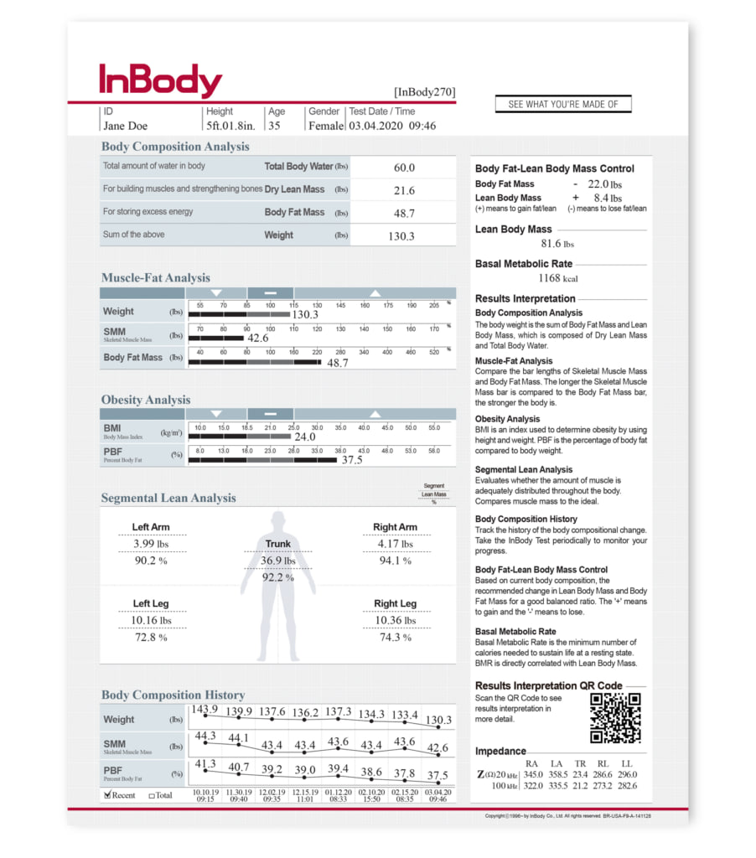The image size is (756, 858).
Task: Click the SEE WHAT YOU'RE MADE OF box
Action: pyautogui.click(x=563, y=105)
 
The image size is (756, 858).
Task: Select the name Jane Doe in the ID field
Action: pyautogui.click(x=125, y=127)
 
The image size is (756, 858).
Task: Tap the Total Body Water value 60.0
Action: pyautogui.click(x=404, y=168)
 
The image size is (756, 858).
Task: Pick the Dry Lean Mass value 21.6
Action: pyautogui.click(x=404, y=191)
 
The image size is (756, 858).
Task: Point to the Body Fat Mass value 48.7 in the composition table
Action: pyautogui.click(x=404, y=214)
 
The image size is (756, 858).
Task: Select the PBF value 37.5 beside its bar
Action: pyautogui.click(x=351, y=459)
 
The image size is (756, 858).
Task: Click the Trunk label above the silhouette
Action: pyautogui.click(x=277, y=544)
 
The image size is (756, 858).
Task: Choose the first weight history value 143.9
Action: pyautogui.click(x=205, y=709)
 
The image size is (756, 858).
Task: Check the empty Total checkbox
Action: pyautogui.click(x=151, y=795)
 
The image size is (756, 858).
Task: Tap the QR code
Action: pyautogui.click(x=615, y=718)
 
